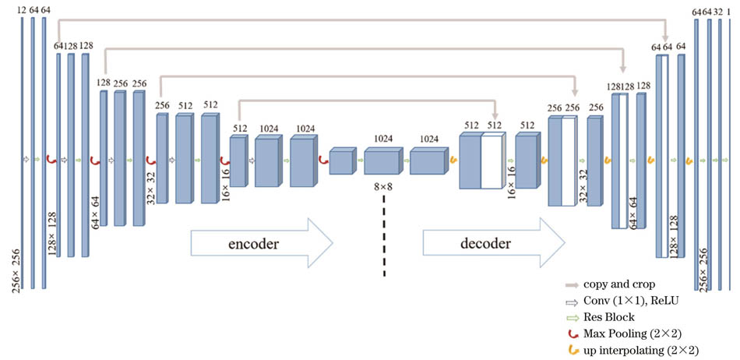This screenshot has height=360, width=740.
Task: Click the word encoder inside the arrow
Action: [253, 244]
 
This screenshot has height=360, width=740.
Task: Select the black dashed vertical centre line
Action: [384, 238]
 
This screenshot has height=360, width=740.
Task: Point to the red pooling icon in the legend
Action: [577, 334]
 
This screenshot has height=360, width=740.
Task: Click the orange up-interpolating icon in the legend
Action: [577, 350]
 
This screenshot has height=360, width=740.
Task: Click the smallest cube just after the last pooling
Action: [341, 162]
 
